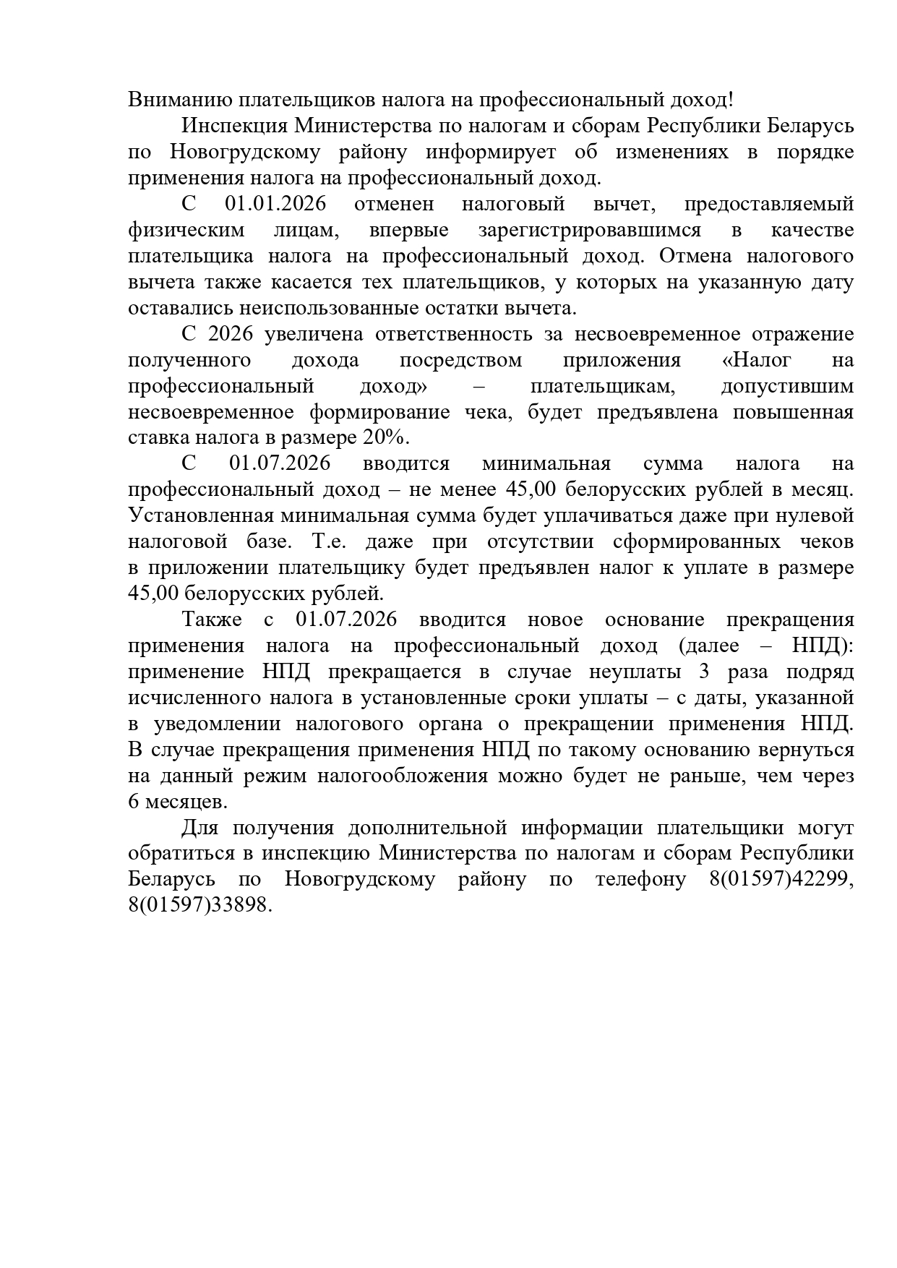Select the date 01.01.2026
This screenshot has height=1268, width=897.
pos(275,204)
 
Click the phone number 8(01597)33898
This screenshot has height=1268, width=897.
pos(199,905)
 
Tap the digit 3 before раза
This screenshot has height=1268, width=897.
pos(704,672)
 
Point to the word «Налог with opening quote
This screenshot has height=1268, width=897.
pos(757,360)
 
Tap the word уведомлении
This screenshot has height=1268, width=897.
pos(217,724)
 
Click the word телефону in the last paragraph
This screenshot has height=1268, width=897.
pos(640,879)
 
